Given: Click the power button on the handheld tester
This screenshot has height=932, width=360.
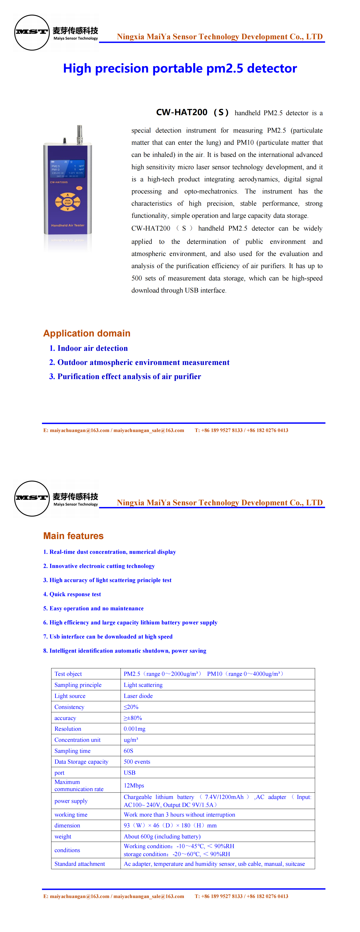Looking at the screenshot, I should coord(79,188).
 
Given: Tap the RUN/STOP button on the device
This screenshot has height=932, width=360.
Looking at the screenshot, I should coord(68,202).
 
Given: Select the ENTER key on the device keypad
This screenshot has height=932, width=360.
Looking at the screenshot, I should coord(77,202).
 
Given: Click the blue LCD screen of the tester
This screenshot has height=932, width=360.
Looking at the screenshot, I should coord(68,169).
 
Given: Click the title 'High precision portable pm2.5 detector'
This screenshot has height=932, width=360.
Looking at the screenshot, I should coord(180,68).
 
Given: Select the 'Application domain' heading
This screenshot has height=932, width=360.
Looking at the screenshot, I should coord(87,333).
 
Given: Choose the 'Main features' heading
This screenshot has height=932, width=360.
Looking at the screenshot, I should coord(73,536).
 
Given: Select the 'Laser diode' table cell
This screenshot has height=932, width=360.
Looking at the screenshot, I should coord(138,696).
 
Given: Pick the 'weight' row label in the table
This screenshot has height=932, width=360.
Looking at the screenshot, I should coord(63,836).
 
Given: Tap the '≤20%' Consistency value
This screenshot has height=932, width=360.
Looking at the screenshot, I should coord(131,707).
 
